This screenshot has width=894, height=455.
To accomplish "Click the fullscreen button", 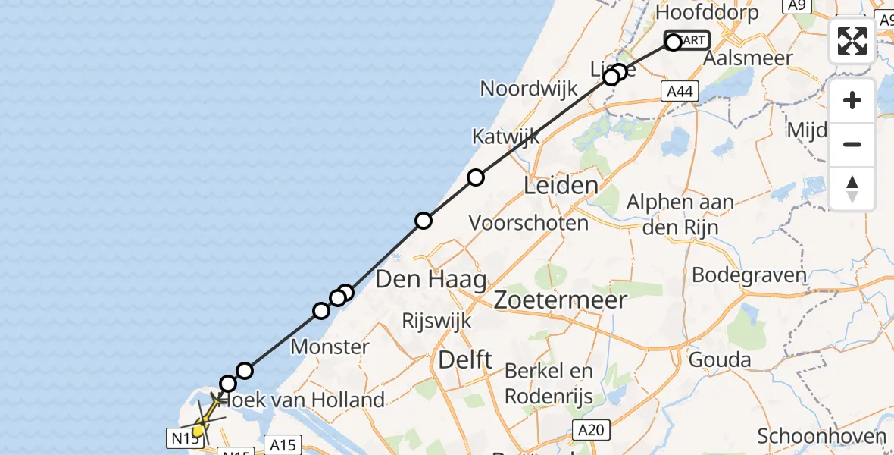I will click(x=852, y=40).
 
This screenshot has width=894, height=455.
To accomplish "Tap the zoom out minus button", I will click(x=852, y=145).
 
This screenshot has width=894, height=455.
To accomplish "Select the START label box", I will click(x=688, y=40).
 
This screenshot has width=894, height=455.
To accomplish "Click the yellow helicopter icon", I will click(x=203, y=419).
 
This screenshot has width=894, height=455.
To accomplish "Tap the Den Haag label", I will click(x=430, y=280).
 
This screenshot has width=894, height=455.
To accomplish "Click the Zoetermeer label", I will click(x=560, y=300).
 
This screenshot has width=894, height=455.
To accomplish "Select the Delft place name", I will click(x=465, y=360).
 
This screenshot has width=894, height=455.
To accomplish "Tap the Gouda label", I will click(x=720, y=359).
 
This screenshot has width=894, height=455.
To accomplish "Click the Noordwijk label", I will click(x=529, y=88).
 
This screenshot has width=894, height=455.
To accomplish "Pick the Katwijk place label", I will click(x=506, y=137).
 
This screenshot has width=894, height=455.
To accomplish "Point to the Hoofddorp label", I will click(x=707, y=13).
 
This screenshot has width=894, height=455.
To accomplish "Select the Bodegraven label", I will click(x=749, y=274).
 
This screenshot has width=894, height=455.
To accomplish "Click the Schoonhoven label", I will click(x=821, y=436).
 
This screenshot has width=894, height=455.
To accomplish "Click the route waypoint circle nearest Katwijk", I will click(x=475, y=177).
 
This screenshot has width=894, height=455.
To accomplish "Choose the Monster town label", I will click(x=330, y=347).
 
